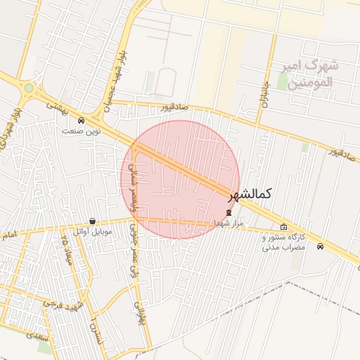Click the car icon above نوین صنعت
coord(82,120)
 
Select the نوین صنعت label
coord(82,131)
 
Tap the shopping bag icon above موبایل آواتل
coord(93,221)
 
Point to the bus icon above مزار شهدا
coord(229,212)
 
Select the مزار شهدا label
coord(229,223)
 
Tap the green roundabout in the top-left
coord(28,89)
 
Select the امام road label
coord(9,235)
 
